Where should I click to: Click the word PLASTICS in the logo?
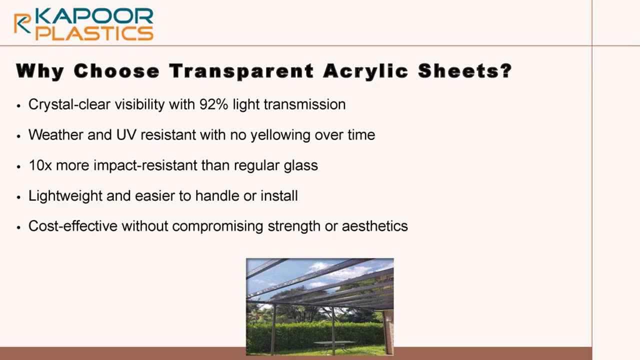point(94,33)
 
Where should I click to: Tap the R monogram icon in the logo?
point(22,23)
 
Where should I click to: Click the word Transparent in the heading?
point(241,71)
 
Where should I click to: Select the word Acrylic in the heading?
point(365,71)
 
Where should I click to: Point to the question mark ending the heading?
point(506,70)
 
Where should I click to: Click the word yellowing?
point(280,135)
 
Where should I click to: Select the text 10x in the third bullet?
point(40,165)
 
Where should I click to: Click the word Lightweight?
point(65,196)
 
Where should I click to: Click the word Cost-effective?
point(73,226)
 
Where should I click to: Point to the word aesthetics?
point(375,226)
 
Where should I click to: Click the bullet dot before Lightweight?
point(19,197)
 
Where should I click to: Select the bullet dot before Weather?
point(19,136)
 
